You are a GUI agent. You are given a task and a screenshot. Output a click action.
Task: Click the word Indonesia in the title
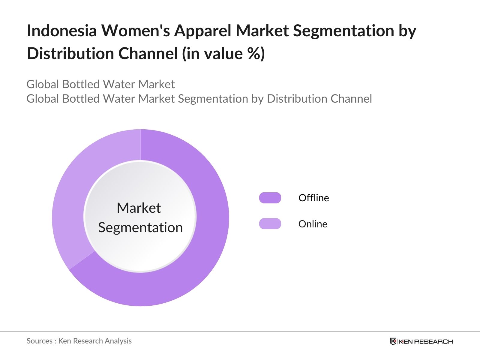click(x=62, y=30)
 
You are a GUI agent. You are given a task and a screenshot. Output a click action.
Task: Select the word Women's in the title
click(x=136, y=30)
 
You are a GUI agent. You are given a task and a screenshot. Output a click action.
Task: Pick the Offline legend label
click(x=313, y=198)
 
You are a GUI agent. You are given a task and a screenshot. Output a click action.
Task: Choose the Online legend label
click(x=313, y=224)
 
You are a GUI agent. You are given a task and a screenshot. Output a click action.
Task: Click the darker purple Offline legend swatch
click(x=270, y=198)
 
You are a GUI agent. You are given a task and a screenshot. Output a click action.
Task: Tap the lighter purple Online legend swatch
click(x=270, y=223)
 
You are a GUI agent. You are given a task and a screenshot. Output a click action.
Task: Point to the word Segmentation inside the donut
click(x=140, y=228)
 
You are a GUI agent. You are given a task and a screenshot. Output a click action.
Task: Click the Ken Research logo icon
click(x=393, y=341)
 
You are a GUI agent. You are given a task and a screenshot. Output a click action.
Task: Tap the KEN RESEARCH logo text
click(x=426, y=341)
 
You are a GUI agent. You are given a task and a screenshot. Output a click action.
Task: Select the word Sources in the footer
click(x=39, y=341)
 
